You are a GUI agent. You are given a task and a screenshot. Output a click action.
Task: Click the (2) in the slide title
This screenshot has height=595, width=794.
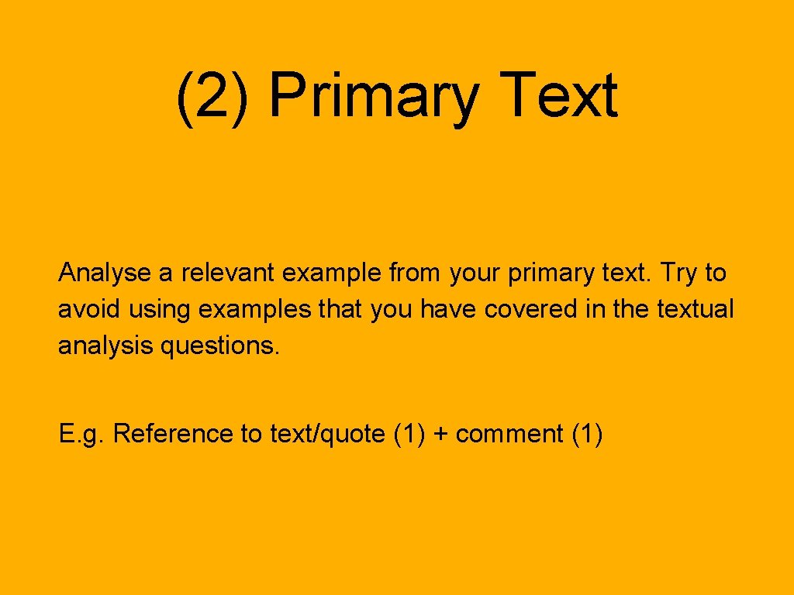[x=212, y=97]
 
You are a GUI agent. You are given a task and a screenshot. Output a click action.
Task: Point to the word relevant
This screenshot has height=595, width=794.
[x=229, y=273]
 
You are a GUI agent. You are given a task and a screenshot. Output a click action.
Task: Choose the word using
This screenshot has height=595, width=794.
[x=159, y=311]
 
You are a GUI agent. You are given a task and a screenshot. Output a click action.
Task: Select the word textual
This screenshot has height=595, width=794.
[x=695, y=309]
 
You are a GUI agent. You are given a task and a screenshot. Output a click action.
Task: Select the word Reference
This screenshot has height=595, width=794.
[x=174, y=434]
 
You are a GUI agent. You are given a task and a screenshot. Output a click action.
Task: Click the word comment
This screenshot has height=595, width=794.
[x=509, y=435]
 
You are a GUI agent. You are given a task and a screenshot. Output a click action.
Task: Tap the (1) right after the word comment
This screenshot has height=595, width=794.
[x=587, y=435]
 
